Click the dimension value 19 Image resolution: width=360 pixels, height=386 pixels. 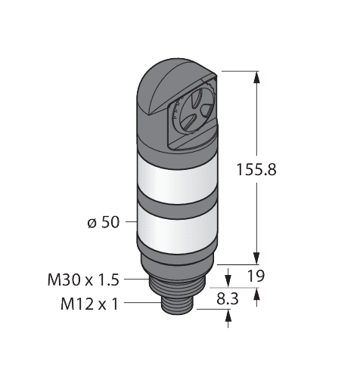[x=256, y=276]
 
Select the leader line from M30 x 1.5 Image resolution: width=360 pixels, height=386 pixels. [x=136, y=281]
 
